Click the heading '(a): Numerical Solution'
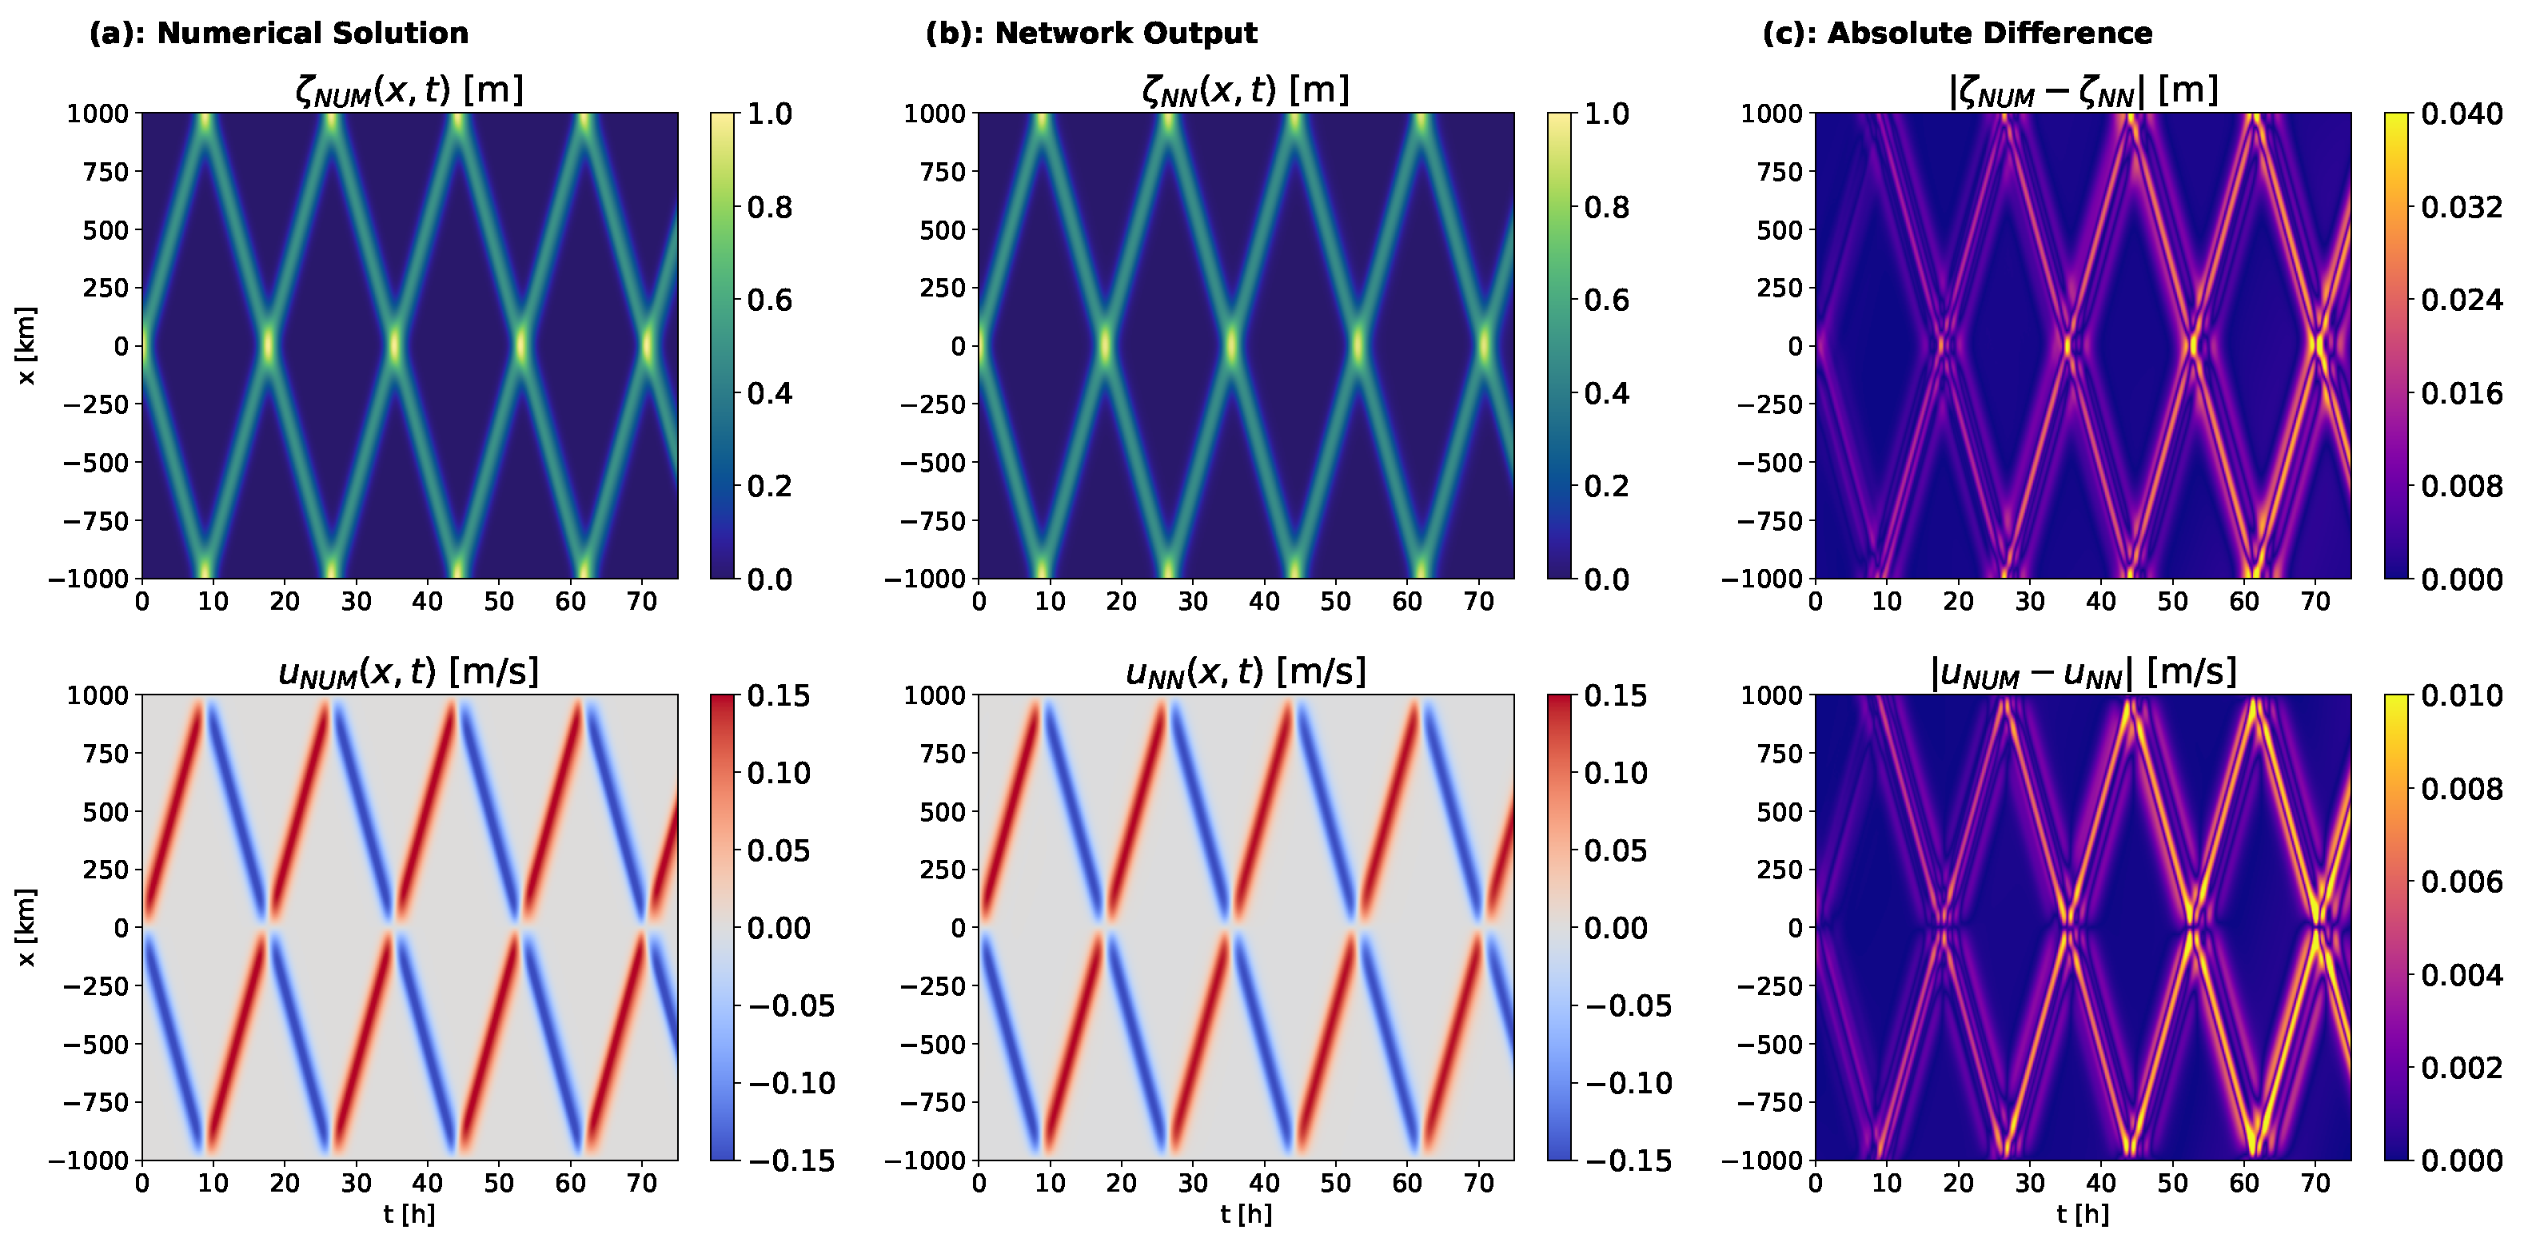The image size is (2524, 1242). coord(278,34)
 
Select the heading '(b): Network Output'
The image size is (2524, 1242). coord(1091,34)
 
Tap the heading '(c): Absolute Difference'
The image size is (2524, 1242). coord(1956,34)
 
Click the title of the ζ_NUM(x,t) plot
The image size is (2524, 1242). coord(409,91)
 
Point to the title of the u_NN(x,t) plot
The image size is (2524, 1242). coord(1246,673)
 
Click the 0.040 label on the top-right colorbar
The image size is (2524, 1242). coord(2462,114)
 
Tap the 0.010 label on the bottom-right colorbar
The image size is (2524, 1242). coord(2462,696)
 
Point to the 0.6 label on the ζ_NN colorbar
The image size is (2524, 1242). coord(1607,300)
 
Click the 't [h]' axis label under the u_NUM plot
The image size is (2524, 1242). coord(409,1215)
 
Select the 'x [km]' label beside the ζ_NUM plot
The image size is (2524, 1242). coord(26,346)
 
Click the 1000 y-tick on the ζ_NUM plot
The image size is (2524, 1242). coord(98,113)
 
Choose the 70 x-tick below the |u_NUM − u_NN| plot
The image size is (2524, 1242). coord(2315,1183)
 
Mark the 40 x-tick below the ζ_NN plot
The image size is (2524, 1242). coord(1264,601)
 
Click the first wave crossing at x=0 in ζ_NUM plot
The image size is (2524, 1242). coord(268,346)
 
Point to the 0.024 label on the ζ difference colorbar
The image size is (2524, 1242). coord(2462,300)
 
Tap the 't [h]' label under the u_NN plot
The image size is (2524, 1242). coord(1246,1215)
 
